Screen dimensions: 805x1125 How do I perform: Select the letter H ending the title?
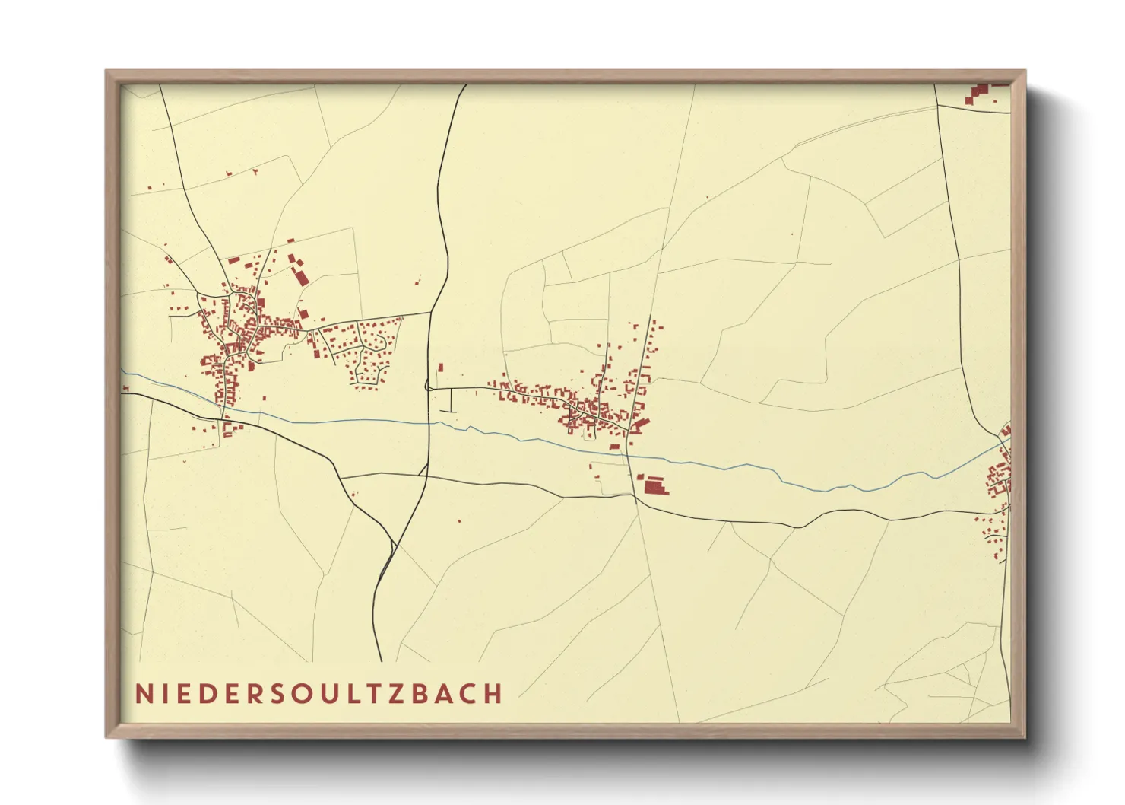[x=494, y=694]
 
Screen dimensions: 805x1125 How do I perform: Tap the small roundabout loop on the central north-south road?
[x=428, y=387]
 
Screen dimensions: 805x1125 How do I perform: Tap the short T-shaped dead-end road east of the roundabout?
[x=451, y=401]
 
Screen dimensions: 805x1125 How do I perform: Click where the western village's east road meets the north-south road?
[x=431, y=312]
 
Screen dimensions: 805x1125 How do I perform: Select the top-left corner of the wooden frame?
[x=108, y=73]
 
